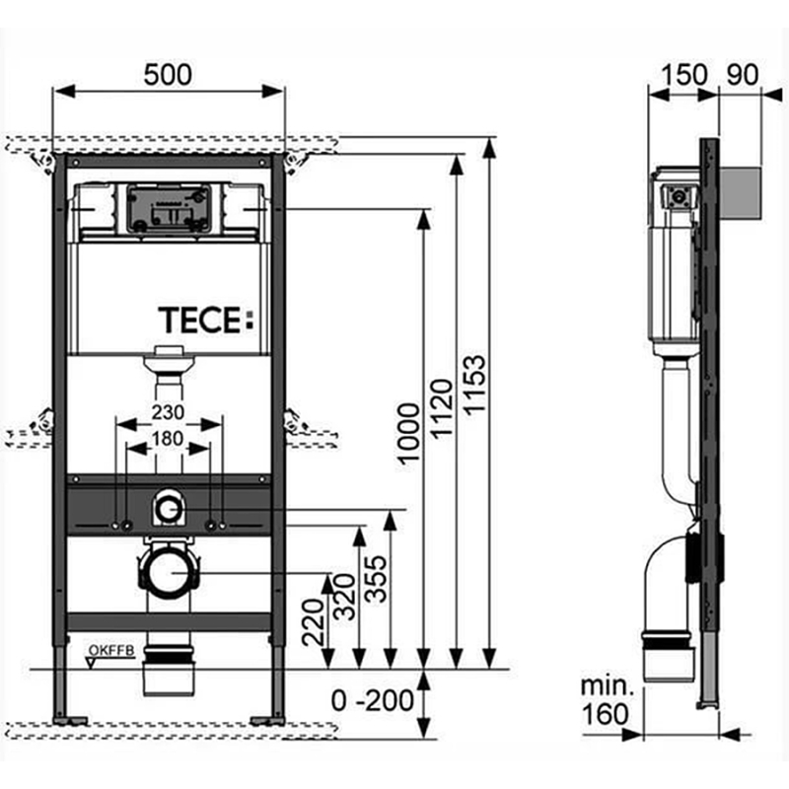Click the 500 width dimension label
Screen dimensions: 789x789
point(168,75)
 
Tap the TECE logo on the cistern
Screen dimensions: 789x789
point(206,320)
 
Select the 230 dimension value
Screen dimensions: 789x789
point(168,412)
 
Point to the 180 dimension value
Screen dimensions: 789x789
point(168,439)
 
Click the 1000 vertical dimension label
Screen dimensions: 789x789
point(408,432)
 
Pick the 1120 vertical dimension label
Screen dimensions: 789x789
point(443,408)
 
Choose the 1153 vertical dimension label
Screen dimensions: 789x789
point(474,386)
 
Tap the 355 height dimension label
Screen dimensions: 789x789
point(376,579)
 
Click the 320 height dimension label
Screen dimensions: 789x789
point(345,597)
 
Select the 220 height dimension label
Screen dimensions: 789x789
point(313,622)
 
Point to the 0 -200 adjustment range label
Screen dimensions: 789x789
point(373,700)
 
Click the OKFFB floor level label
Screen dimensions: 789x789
point(111,651)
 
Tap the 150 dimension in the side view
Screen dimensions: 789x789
point(683,75)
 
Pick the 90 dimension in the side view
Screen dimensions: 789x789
point(743,75)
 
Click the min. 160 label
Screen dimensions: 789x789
point(606,700)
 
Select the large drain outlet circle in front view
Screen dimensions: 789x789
point(168,573)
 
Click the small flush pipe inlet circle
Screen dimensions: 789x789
point(168,509)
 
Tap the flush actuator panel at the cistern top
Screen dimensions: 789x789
point(169,209)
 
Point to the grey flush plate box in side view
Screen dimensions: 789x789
point(741,193)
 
